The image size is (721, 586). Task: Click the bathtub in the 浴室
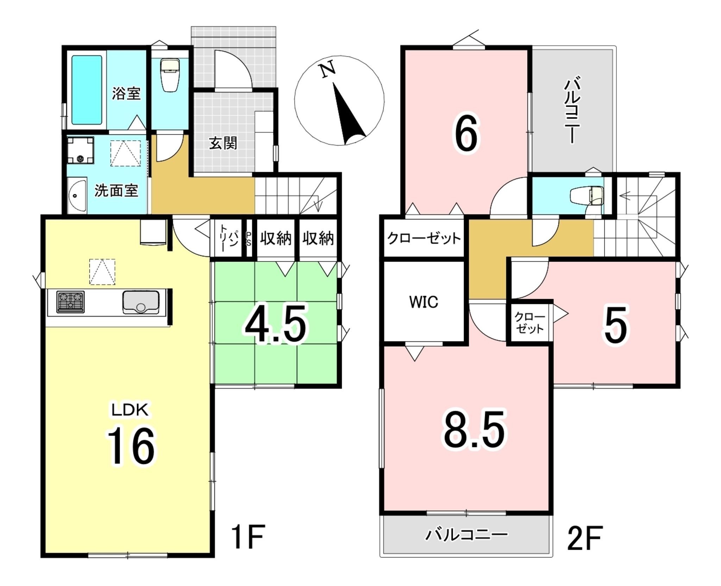point(87,90)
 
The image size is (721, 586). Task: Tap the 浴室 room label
point(126,93)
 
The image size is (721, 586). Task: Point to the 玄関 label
point(222,143)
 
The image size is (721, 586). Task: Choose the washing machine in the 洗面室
point(81,150)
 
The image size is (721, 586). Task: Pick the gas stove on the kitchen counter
point(70,302)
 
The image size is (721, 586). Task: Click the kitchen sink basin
point(140,302)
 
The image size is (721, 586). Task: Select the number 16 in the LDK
point(131,446)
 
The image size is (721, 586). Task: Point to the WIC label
point(424,302)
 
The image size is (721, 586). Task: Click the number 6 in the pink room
point(466,134)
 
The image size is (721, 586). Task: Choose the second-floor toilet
point(586,196)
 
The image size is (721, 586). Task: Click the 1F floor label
point(248,537)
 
